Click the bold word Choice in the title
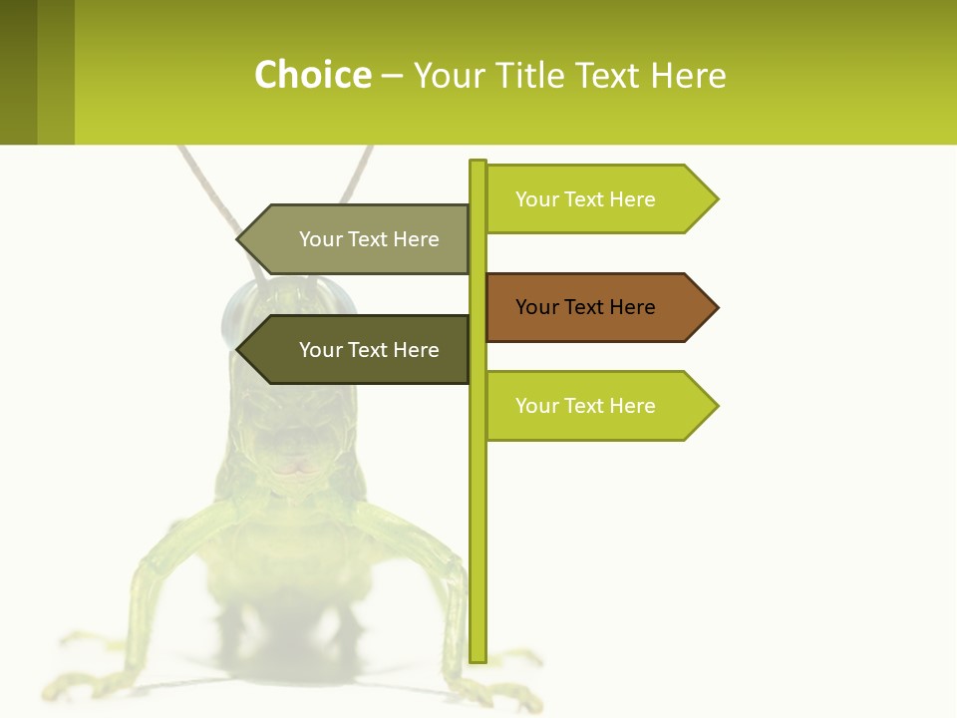coord(312,76)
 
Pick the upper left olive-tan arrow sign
coord(359,239)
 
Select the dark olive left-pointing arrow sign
coord(359,350)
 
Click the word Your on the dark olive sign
coord(320,350)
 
